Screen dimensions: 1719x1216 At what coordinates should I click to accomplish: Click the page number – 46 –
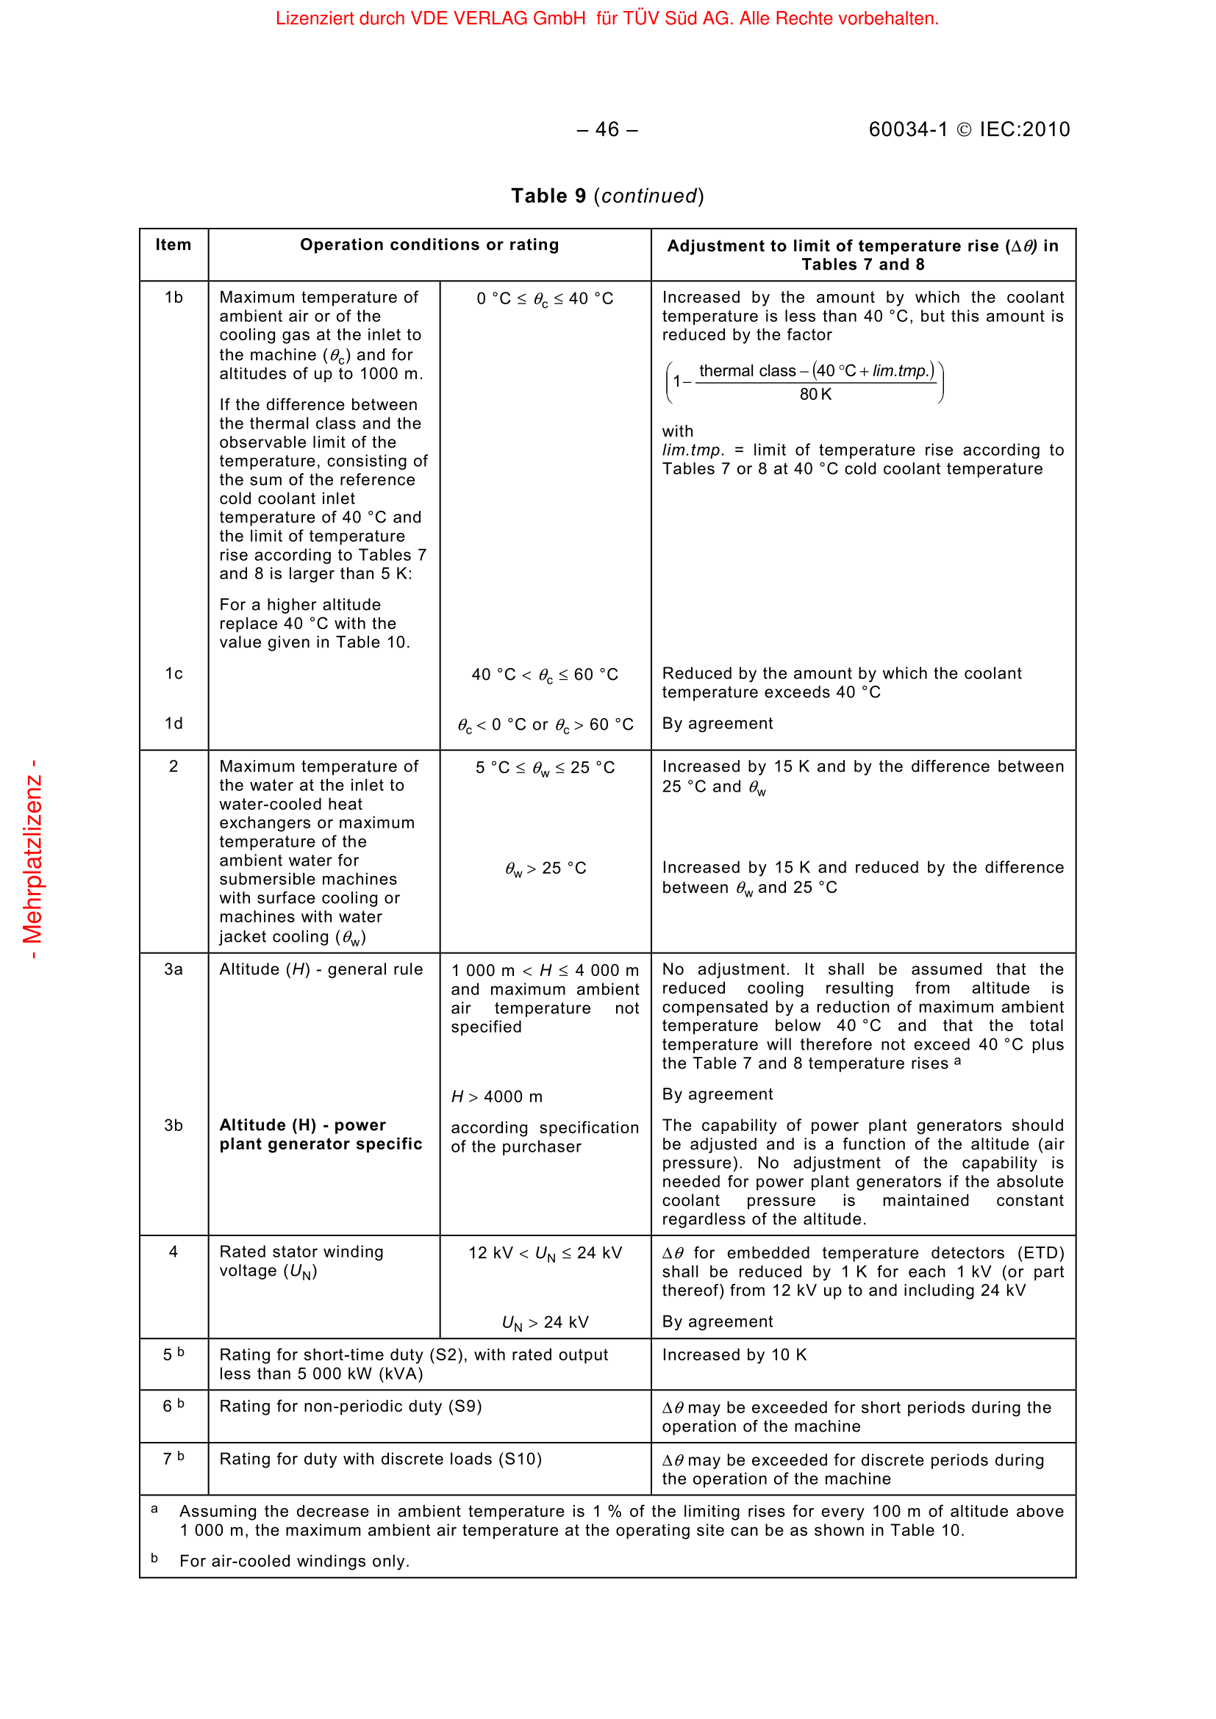click(607, 129)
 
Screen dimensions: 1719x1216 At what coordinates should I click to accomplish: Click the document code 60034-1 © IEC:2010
click(968, 129)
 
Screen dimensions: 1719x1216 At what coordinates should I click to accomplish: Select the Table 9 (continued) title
click(607, 196)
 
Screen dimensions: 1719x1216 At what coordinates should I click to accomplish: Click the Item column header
click(173, 245)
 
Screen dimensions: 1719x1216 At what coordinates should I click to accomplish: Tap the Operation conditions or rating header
click(429, 245)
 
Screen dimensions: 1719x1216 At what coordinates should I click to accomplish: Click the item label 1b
click(174, 298)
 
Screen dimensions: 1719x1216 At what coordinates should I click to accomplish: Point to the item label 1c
click(174, 674)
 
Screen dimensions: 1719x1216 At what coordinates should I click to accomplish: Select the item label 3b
click(173, 1125)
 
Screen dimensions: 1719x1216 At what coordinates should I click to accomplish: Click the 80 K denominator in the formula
click(815, 395)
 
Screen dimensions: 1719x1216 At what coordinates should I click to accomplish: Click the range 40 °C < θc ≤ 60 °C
click(544, 675)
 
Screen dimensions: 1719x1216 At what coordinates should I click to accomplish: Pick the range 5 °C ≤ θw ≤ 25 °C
click(544, 768)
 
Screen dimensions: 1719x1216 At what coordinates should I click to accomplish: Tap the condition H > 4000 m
click(496, 1097)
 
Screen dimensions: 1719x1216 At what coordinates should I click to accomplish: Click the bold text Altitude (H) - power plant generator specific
click(321, 1134)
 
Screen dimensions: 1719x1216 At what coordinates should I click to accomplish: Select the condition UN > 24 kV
click(544, 1323)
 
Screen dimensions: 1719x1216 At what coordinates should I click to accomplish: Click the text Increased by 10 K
click(734, 1355)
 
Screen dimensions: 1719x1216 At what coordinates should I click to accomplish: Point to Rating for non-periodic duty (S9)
click(351, 1407)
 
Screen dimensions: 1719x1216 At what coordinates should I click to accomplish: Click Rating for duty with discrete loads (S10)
click(380, 1460)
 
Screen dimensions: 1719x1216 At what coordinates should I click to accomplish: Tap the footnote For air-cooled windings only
click(294, 1561)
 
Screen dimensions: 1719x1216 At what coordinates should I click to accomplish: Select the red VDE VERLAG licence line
click(607, 18)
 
